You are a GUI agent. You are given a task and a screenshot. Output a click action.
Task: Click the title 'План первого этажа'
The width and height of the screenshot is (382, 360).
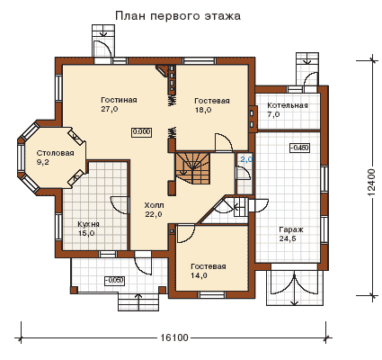(x=178, y=16)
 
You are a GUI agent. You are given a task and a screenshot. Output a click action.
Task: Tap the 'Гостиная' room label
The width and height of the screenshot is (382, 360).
(x=119, y=100)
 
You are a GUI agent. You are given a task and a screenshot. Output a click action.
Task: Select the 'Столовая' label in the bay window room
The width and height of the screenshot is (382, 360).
(x=56, y=153)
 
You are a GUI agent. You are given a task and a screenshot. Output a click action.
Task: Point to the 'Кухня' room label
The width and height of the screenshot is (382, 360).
(x=89, y=224)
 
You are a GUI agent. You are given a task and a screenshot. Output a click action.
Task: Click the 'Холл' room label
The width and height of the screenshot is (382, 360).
(x=154, y=205)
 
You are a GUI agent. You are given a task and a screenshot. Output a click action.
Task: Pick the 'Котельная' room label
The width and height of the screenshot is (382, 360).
(x=288, y=105)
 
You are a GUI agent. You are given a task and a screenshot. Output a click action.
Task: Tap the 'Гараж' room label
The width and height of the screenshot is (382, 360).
(x=291, y=229)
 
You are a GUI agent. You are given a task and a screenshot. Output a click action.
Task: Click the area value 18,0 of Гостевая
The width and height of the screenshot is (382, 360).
(x=203, y=110)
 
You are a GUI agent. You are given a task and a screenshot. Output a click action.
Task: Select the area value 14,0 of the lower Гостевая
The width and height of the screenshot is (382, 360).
(x=200, y=275)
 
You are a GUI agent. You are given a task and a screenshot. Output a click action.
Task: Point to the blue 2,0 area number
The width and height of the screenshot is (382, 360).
(x=246, y=159)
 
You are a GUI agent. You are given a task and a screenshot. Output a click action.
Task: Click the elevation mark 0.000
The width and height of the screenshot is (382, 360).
(x=141, y=132)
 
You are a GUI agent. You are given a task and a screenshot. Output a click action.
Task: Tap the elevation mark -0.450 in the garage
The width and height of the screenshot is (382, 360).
(x=299, y=148)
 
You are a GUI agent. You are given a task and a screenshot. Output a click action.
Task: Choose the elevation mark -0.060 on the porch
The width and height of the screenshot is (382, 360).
(x=114, y=281)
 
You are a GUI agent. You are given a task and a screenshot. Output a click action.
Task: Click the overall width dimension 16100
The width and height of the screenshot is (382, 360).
(x=174, y=337)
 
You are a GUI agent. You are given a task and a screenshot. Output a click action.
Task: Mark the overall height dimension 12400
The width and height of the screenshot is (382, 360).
(x=371, y=183)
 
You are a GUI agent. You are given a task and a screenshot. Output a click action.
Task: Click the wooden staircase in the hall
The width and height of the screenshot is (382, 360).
(x=192, y=167)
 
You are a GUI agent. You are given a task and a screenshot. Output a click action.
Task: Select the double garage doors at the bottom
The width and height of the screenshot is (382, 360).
(x=295, y=284)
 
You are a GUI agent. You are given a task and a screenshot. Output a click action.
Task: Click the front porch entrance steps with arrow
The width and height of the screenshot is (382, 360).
(x=138, y=302)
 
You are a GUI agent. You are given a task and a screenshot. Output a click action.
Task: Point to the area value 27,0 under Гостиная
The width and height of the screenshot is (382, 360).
(x=110, y=109)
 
